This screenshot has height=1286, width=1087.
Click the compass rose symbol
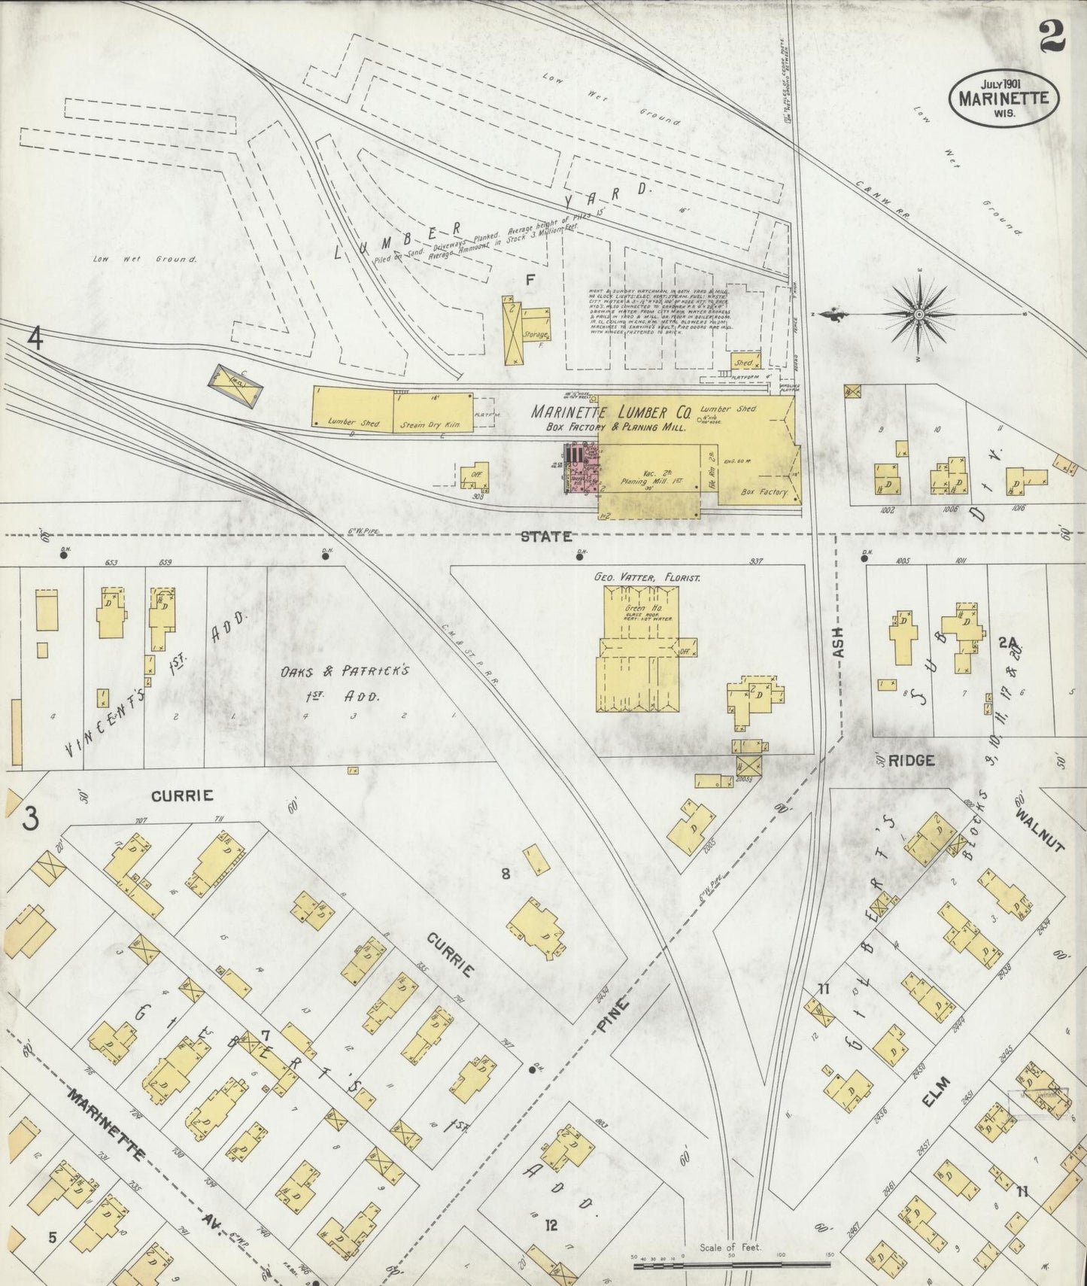click(x=918, y=313)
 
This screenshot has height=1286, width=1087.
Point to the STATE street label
click(x=547, y=537)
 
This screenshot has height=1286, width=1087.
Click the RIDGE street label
click(x=911, y=761)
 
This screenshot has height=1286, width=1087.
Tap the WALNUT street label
click(x=1040, y=830)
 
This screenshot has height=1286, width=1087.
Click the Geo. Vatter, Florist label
click(x=647, y=577)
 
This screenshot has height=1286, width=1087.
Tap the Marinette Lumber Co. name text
click(x=611, y=412)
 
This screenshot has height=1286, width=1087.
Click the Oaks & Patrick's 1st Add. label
click(x=345, y=682)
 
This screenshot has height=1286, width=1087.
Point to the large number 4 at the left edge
click(x=35, y=339)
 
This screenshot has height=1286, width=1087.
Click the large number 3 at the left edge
click(x=30, y=819)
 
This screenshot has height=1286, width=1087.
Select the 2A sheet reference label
click(x=1008, y=643)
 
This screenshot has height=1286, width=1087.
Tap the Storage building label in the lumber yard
click(x=536, y=335)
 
